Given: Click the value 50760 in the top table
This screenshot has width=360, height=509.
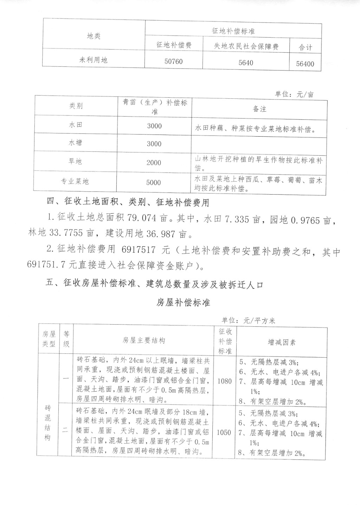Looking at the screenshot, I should (x=174, y=61).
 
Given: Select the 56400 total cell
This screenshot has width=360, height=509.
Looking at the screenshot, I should (x=305, y=64).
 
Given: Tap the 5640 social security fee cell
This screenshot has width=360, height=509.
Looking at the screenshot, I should (x=245, y=63).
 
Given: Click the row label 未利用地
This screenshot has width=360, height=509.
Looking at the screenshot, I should (x=93, y=60).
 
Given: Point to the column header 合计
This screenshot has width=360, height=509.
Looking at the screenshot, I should (x=305, y=47).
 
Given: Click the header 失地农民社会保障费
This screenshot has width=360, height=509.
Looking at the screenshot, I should (x=246, y=46).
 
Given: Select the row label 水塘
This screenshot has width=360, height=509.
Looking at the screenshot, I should (x=75, y=143).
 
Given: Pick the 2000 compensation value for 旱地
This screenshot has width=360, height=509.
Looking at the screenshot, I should (x=154, y=163).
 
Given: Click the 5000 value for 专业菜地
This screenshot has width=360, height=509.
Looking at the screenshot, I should (x=154, y=183).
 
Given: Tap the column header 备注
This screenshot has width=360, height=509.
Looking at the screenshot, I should (x=259, y=109).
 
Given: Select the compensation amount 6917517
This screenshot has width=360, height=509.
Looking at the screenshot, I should (x=138, y=250).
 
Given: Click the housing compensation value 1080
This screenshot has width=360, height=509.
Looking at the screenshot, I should (x=224, y=381).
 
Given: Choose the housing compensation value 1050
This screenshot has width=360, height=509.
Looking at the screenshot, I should (x=224, y=432).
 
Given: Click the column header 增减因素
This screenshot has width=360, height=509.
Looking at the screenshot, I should (x=282, y=342).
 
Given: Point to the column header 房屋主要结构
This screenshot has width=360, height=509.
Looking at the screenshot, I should (x=143, y=340).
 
